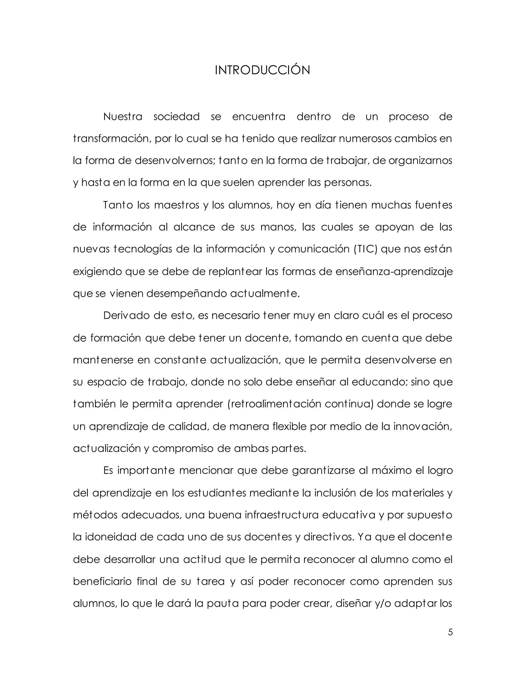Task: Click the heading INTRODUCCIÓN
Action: pos(262,70)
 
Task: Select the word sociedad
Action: pos(177,117)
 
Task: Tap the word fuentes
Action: pos(434,205)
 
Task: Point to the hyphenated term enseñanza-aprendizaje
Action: pos(394,272)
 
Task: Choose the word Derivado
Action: pos(126,316)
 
